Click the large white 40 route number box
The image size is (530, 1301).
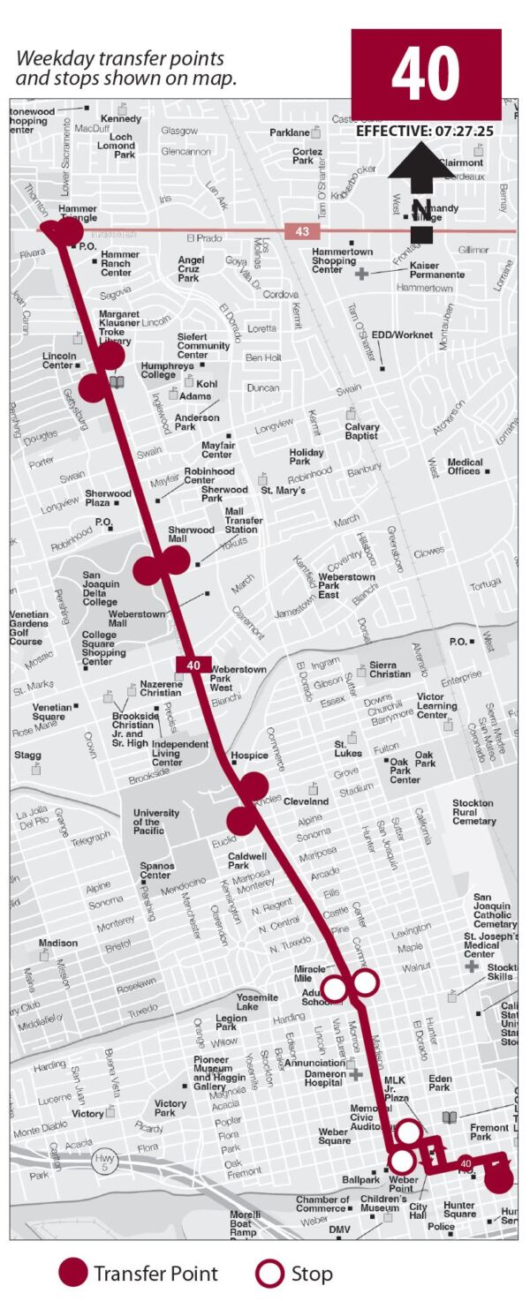point(426,74)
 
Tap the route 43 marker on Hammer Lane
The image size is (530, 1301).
point(302,231)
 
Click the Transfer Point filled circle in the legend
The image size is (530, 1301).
point(73,1273)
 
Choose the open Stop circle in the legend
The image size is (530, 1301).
point(269,1273)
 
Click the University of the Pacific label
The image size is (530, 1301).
point(156,822)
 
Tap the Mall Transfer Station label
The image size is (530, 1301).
point(243,521)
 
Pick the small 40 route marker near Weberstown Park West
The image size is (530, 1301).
point(194,666)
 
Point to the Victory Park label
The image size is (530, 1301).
point(170,1109)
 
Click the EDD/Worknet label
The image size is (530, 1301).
point(402,335)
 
